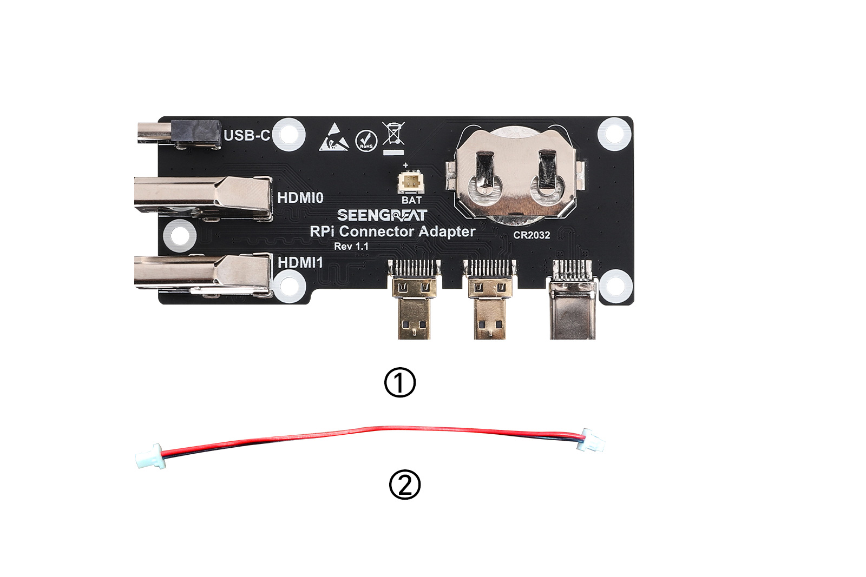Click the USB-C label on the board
(247, 136)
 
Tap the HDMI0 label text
(300, 198)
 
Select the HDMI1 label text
(300, 263)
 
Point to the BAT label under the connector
(411, 200)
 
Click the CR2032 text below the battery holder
(532, 235)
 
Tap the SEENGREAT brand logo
(382, 215)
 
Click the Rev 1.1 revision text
(351, 247)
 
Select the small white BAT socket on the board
(411, 182)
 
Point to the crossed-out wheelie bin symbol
(393, 138)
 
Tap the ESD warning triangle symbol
(334, 137)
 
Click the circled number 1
(400, 382)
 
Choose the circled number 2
(405, 485)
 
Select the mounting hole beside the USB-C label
(289, 135)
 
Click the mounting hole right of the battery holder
(614, 134)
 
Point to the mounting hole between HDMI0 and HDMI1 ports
(180, 236)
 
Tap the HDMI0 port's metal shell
(203, 198)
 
